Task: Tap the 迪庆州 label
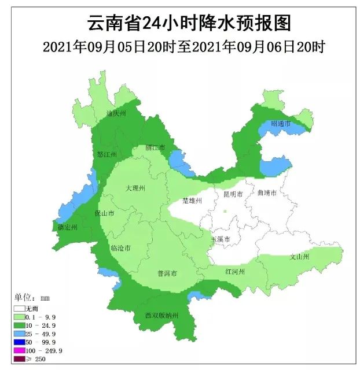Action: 116,113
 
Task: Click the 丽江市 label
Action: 156,147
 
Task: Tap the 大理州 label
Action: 134,188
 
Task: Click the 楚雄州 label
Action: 192,200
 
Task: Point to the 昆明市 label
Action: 233,194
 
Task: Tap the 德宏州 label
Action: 68,228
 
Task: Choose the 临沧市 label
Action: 120,248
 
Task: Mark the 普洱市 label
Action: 167,273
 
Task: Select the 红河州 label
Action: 234,271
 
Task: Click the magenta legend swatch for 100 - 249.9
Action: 20,350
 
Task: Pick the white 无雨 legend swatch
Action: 20,309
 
